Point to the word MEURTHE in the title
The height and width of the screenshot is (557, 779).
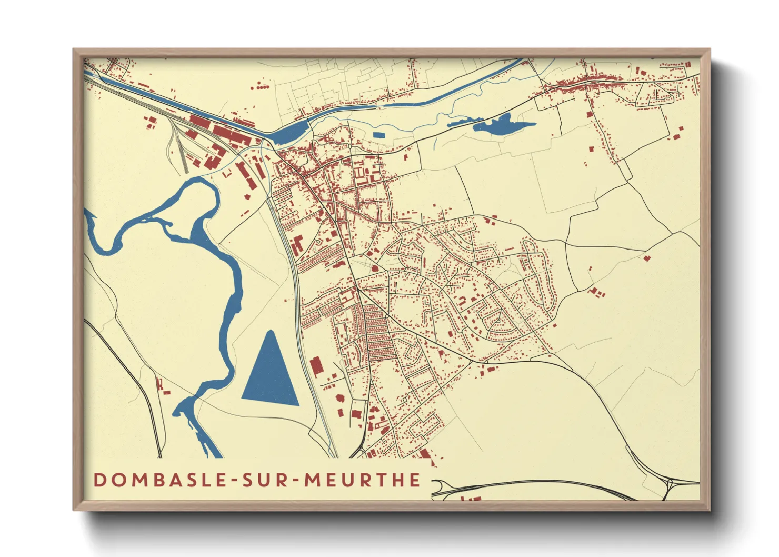363,480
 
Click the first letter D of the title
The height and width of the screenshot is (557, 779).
99,480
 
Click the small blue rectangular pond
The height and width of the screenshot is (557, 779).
378,135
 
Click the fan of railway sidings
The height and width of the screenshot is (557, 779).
179,147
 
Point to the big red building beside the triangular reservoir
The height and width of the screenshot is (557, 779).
316,366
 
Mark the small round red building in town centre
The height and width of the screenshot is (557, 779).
375,268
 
